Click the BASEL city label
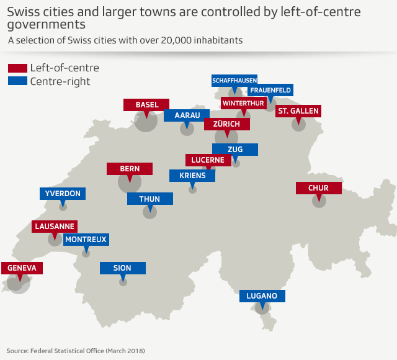coord(146,105)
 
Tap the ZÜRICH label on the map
coord(226,124)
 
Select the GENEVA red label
coord(22,268)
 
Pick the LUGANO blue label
coord(262,295)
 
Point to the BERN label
coord(130,169)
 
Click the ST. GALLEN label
coord(298,111)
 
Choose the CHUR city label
coord(319,188)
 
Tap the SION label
coord(123,268)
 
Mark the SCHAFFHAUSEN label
coord(234,81)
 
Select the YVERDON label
coord(63,194)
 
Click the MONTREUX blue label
coord(86,239)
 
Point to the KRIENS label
coord(192,176)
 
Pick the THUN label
coord(149,199)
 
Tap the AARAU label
coord(187,115)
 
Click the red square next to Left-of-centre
coord(17,68)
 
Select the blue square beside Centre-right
coord(17,81)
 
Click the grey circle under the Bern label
coord(130,182)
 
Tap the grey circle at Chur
coord(319,200)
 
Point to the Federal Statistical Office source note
coord(76,351)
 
